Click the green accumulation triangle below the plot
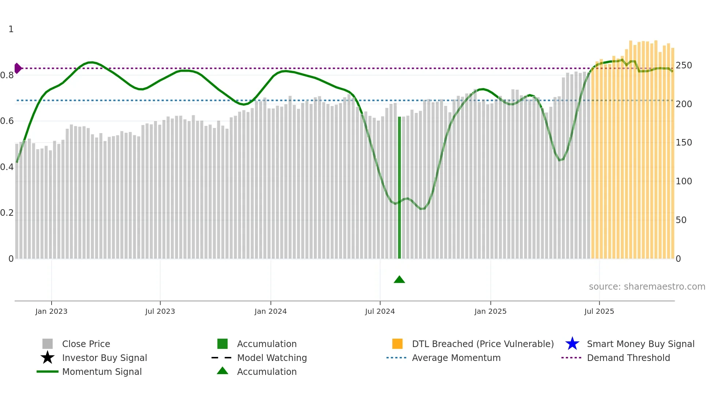(x=399, y=280)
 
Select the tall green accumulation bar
(x=399, y=187)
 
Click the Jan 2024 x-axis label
(x=270, y=312)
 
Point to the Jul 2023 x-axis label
(x=160, y=312)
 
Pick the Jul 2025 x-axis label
(x=599, y=312)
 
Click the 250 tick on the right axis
(x=683, y=65)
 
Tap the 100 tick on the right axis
(x=683, y=181)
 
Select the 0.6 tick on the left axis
(x=7, y=121)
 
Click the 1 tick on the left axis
(x=11, y=29)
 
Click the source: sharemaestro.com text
(x=647, y=287)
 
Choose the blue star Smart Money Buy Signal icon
(x=572, y=344)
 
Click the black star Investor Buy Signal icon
(x=48, y=358)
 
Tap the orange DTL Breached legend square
(x=397, y=344)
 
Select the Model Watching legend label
(x=272, y=358)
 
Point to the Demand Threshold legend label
(x=628, y=358)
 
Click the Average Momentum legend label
(x=456, y=358)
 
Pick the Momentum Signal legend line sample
(x=48, y=372)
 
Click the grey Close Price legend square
(x=48, y=344)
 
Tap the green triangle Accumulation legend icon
(x=222, y=371)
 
